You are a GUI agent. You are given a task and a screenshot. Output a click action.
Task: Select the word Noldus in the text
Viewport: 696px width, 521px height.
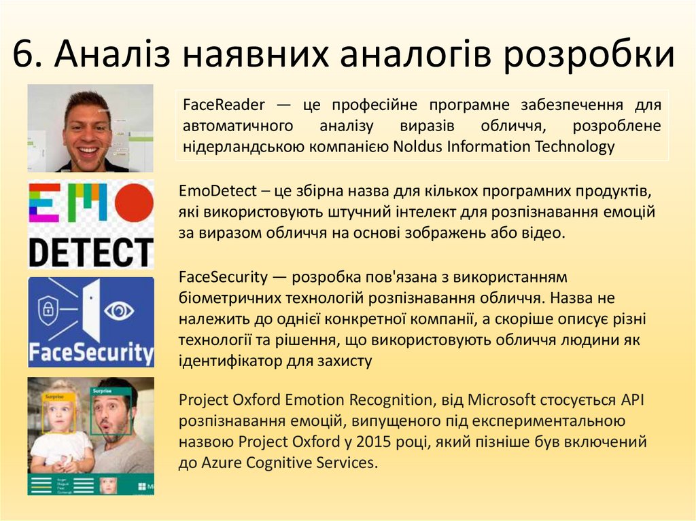tap(418, 146)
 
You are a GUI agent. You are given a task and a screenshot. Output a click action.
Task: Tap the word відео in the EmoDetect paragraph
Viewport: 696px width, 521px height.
tap(542, 233)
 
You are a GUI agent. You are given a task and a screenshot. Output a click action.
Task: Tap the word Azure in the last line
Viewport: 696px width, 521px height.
tap(222, 463)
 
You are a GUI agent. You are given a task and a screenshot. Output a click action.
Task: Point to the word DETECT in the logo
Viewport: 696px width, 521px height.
tap(90, 251)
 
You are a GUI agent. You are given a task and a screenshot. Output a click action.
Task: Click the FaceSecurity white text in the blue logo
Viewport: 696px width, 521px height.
tap(90, 353)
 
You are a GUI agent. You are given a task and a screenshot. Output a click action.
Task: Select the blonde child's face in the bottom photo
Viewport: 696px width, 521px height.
tap(59, 414)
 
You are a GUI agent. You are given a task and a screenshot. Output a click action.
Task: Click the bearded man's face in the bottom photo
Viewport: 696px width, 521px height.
tap(111, 414)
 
